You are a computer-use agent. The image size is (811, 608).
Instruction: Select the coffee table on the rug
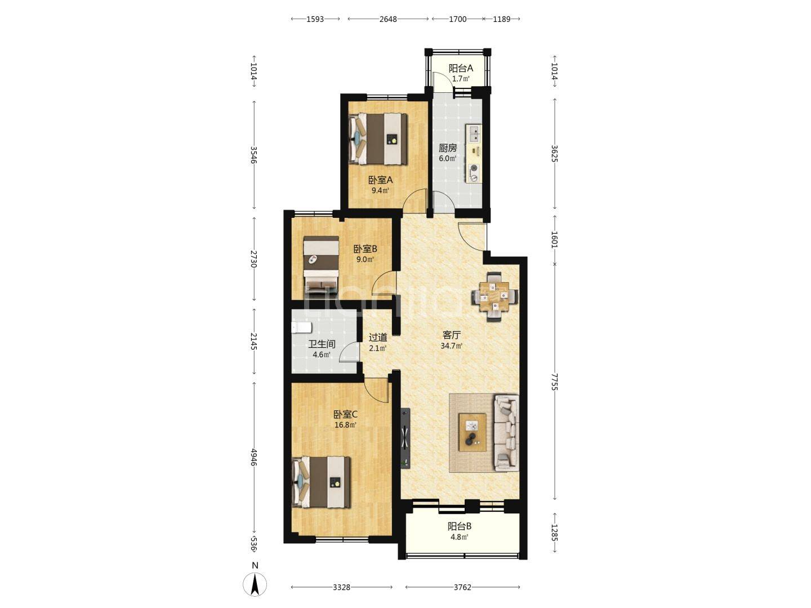point(472,432)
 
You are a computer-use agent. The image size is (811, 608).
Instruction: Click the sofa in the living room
point(506,433)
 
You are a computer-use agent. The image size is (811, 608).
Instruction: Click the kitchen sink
point(474,133)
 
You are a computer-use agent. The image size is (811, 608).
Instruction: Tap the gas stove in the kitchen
point(474,173)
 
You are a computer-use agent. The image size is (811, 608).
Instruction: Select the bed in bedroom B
point(321,265)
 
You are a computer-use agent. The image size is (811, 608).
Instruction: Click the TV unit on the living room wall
point(405,438)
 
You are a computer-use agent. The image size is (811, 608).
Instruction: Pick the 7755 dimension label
point(554,381)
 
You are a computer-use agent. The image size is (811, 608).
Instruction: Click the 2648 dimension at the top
point(388,19)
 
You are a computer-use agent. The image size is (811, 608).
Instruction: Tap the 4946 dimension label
point(254,458)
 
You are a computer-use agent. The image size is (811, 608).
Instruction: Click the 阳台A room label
point(461,68)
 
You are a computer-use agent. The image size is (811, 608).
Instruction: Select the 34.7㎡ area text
point(452,346)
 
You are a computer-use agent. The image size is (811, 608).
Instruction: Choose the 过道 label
point(378,337)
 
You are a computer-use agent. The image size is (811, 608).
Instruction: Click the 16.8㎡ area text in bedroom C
point(345,425)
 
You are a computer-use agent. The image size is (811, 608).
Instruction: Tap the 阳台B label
point(460,526)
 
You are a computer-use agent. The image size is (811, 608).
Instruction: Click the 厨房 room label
point(448,148)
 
